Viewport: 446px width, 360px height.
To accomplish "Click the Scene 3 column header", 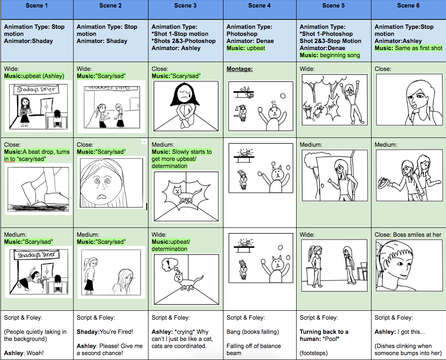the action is click(185, 6).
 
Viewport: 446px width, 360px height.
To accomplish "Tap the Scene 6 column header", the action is click(408, 6).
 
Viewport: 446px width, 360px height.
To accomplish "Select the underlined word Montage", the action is click(239, 69).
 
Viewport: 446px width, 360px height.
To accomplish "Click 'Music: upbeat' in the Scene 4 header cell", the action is click(246, 48).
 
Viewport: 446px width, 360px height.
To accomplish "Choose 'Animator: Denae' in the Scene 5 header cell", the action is click(323, 48).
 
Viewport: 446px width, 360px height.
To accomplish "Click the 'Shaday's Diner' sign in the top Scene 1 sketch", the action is click(36, 89).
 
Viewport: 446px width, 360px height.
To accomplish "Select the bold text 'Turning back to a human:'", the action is click(324, 335).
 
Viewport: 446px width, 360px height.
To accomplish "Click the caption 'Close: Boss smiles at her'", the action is click(408, 235).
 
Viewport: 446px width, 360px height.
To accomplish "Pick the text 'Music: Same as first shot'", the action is click(408, 48).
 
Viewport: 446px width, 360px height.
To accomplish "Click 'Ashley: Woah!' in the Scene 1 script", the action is click(23, 353).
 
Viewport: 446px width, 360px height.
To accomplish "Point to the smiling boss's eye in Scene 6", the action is click(400, 264).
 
